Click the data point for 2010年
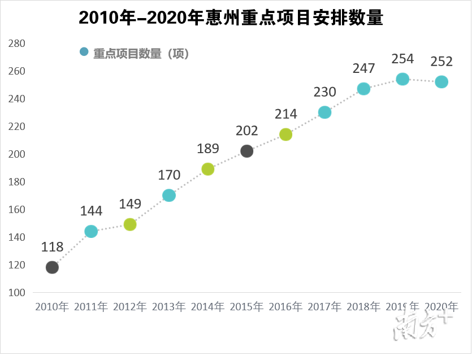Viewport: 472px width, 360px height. click(52, 267)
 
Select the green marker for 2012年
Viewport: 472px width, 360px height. click(130, 224)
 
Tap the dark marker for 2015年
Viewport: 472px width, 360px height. click(247, 151)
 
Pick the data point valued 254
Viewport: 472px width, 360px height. click(402, 79)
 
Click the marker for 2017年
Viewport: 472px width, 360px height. click(324, 112)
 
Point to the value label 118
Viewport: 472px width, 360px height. click(52, 247)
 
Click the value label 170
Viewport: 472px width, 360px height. click(169, 175)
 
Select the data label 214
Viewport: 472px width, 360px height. click(286, 114)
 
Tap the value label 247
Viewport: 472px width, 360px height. click(363, 68)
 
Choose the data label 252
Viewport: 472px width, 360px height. click(441, 61)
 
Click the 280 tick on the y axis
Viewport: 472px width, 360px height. click(18, 44)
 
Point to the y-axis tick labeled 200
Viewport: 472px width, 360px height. click(18, 154)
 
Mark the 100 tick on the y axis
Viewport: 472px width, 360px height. click(18, 293)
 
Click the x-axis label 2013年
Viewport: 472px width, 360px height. click(169, 307)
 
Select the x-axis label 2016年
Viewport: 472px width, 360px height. click(286, 307)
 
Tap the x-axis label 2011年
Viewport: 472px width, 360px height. click(91, 307)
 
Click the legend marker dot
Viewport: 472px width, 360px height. click(84, 52)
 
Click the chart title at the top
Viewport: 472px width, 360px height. click(231, 18)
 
